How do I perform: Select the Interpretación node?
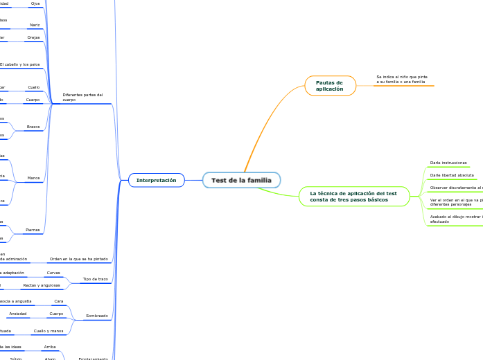coord(156,180)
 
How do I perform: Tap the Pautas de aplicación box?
coord(330,85)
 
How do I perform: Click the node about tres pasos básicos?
coord(353,196)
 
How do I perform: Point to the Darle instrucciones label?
coord(448,163)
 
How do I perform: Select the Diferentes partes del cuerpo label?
coord(82,98)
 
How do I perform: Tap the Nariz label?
coord(35,25)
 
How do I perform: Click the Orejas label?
coord(33,37)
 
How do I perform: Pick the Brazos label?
coord(33,127)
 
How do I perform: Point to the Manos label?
coord(33,178)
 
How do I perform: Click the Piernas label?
coord(33,229)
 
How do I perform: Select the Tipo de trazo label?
coord(95,279)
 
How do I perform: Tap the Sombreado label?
coord(96,316)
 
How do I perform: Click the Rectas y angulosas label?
coord(42,285)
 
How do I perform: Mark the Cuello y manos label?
coord(48,331)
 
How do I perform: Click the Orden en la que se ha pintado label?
coord(78,259)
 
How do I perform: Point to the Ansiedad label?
coord(18,314)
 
